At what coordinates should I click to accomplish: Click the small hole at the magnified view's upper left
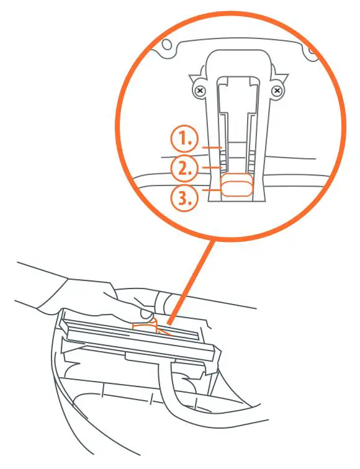click(166, 45)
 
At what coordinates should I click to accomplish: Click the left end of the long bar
click(63, 322)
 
